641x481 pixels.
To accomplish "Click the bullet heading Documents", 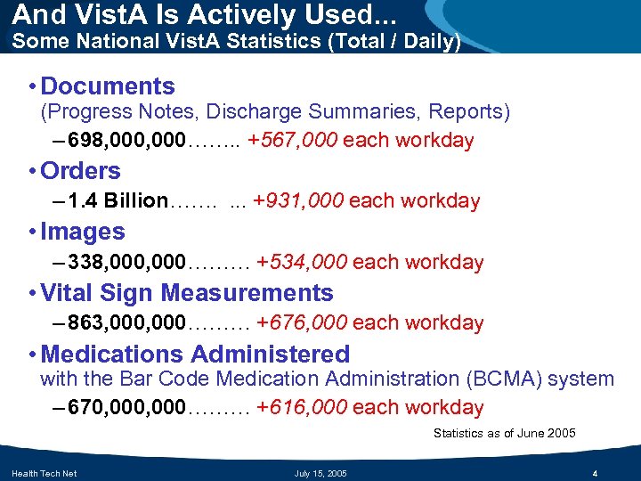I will (108, 86).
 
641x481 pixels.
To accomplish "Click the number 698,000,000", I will (126, 141).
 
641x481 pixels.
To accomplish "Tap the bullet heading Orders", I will (80, 171).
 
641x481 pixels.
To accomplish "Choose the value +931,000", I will (298, 201).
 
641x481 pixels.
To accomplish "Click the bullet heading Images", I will (83, 232).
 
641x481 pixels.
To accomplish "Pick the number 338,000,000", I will (126, 263).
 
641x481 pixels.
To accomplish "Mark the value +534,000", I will (302, 263).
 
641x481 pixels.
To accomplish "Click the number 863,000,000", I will (126, 323).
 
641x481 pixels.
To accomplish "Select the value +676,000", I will (302, 323).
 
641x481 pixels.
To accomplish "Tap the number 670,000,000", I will (126, 408).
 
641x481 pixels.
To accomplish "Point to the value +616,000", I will (302, 408).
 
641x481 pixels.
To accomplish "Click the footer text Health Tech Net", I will (44, 473).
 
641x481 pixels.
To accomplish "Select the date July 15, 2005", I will (320, 473).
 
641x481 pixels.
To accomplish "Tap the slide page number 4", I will (594, 473).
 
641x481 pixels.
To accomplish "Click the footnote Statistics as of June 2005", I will (504, 434).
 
